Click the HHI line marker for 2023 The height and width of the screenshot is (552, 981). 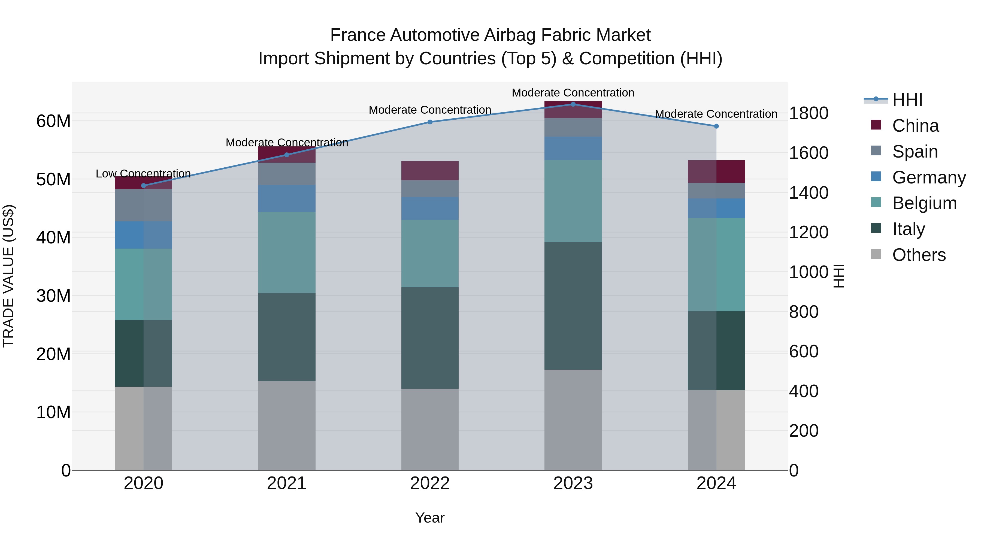pyautogui.click(x=573, y=104)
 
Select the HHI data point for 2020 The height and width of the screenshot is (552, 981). pyautogui.click(x=144, y=186)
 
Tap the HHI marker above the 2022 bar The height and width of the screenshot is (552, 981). pyautogui.click(x=430, y=122)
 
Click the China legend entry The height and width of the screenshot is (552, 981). pyautogui.click(x=915, y=126)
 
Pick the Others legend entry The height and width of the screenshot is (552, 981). pyautogui.click(x=919, y=255)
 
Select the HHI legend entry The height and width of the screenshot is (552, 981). pyautogui.click(x=907, y=100)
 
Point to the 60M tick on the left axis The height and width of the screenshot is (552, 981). pyautogui.click(x=53, y=121)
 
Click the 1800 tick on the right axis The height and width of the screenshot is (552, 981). pyautogui.click(x=808, y=113)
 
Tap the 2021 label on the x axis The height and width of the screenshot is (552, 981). pyautogui.click(x=286, y=483)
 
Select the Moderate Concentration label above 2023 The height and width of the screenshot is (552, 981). pyautogui.click(x=573, y=93)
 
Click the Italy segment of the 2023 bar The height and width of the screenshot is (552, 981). pyautogui.click(x=573, y=306)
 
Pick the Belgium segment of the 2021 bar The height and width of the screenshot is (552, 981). pyautogui.click(x=286, y=252)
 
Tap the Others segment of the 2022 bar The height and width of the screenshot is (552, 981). pyautogui.click(x=430, y=429)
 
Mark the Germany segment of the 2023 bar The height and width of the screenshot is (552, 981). pyautogui.click(x=573, y=148)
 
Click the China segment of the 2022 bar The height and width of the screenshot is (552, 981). pyautogui.click(x=430, y=170)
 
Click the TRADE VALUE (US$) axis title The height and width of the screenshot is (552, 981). pyautogui.click(x=8, y=276)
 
